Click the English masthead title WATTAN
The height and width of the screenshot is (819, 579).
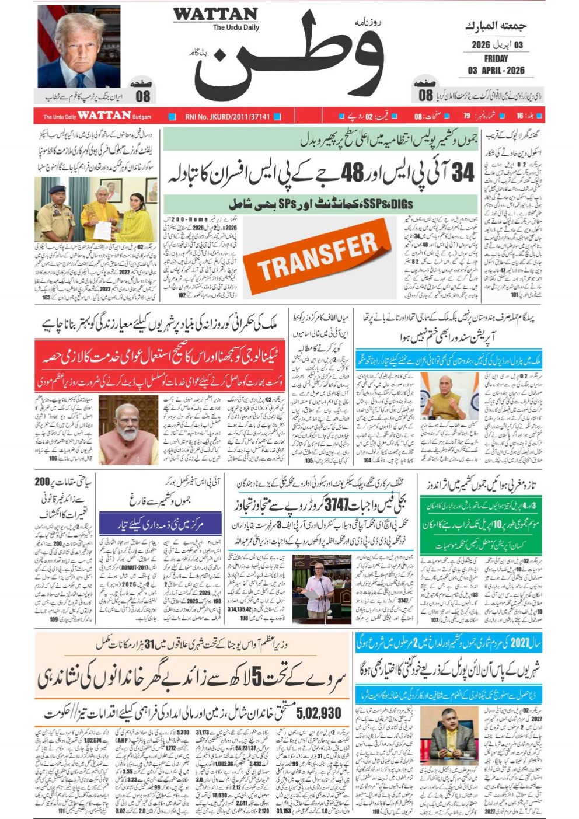215,14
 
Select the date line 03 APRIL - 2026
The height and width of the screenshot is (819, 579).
496,71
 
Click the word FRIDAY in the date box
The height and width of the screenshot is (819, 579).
496,58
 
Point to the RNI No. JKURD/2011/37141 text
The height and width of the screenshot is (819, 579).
228,116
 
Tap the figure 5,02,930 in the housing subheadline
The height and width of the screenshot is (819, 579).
318,713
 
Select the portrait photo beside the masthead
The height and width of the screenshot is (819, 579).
79,47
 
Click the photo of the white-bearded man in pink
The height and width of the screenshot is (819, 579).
128,430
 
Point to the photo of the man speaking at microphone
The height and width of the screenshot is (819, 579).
320,585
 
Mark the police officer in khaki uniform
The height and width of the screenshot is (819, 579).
55,214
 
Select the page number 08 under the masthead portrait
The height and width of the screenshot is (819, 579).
142,96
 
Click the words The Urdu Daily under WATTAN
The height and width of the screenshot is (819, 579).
236,27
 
